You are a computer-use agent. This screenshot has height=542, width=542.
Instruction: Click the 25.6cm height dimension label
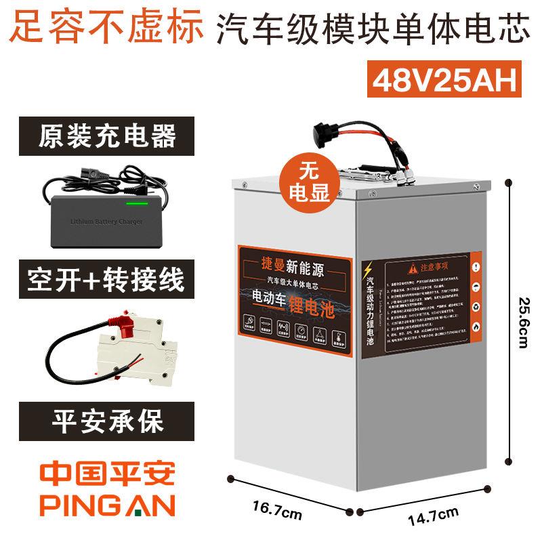522,320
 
